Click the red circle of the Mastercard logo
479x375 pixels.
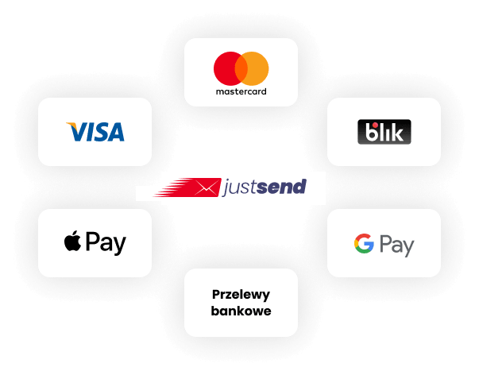point(226,69)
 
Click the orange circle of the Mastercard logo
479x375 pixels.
point(257,69)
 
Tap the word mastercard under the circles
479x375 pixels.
point(241,91)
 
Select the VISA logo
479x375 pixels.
point(95,132)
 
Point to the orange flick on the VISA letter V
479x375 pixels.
point(72,126)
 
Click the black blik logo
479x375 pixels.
point(384,132)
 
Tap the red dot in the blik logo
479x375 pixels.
point(374,125)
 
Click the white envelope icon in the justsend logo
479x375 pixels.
point(207,187)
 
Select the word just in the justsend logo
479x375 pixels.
point(240,187)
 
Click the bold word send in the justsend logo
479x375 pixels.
point(282,187)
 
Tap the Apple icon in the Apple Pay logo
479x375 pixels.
point(73,241)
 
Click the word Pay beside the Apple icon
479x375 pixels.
point(106,243)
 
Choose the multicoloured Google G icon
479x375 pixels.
point(364,244)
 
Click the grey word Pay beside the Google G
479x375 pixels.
point(397,245)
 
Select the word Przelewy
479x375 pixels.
point(241,295)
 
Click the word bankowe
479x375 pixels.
point(241,311)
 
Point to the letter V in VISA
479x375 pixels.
point(77,132)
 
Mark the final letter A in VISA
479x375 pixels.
point(115,132)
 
